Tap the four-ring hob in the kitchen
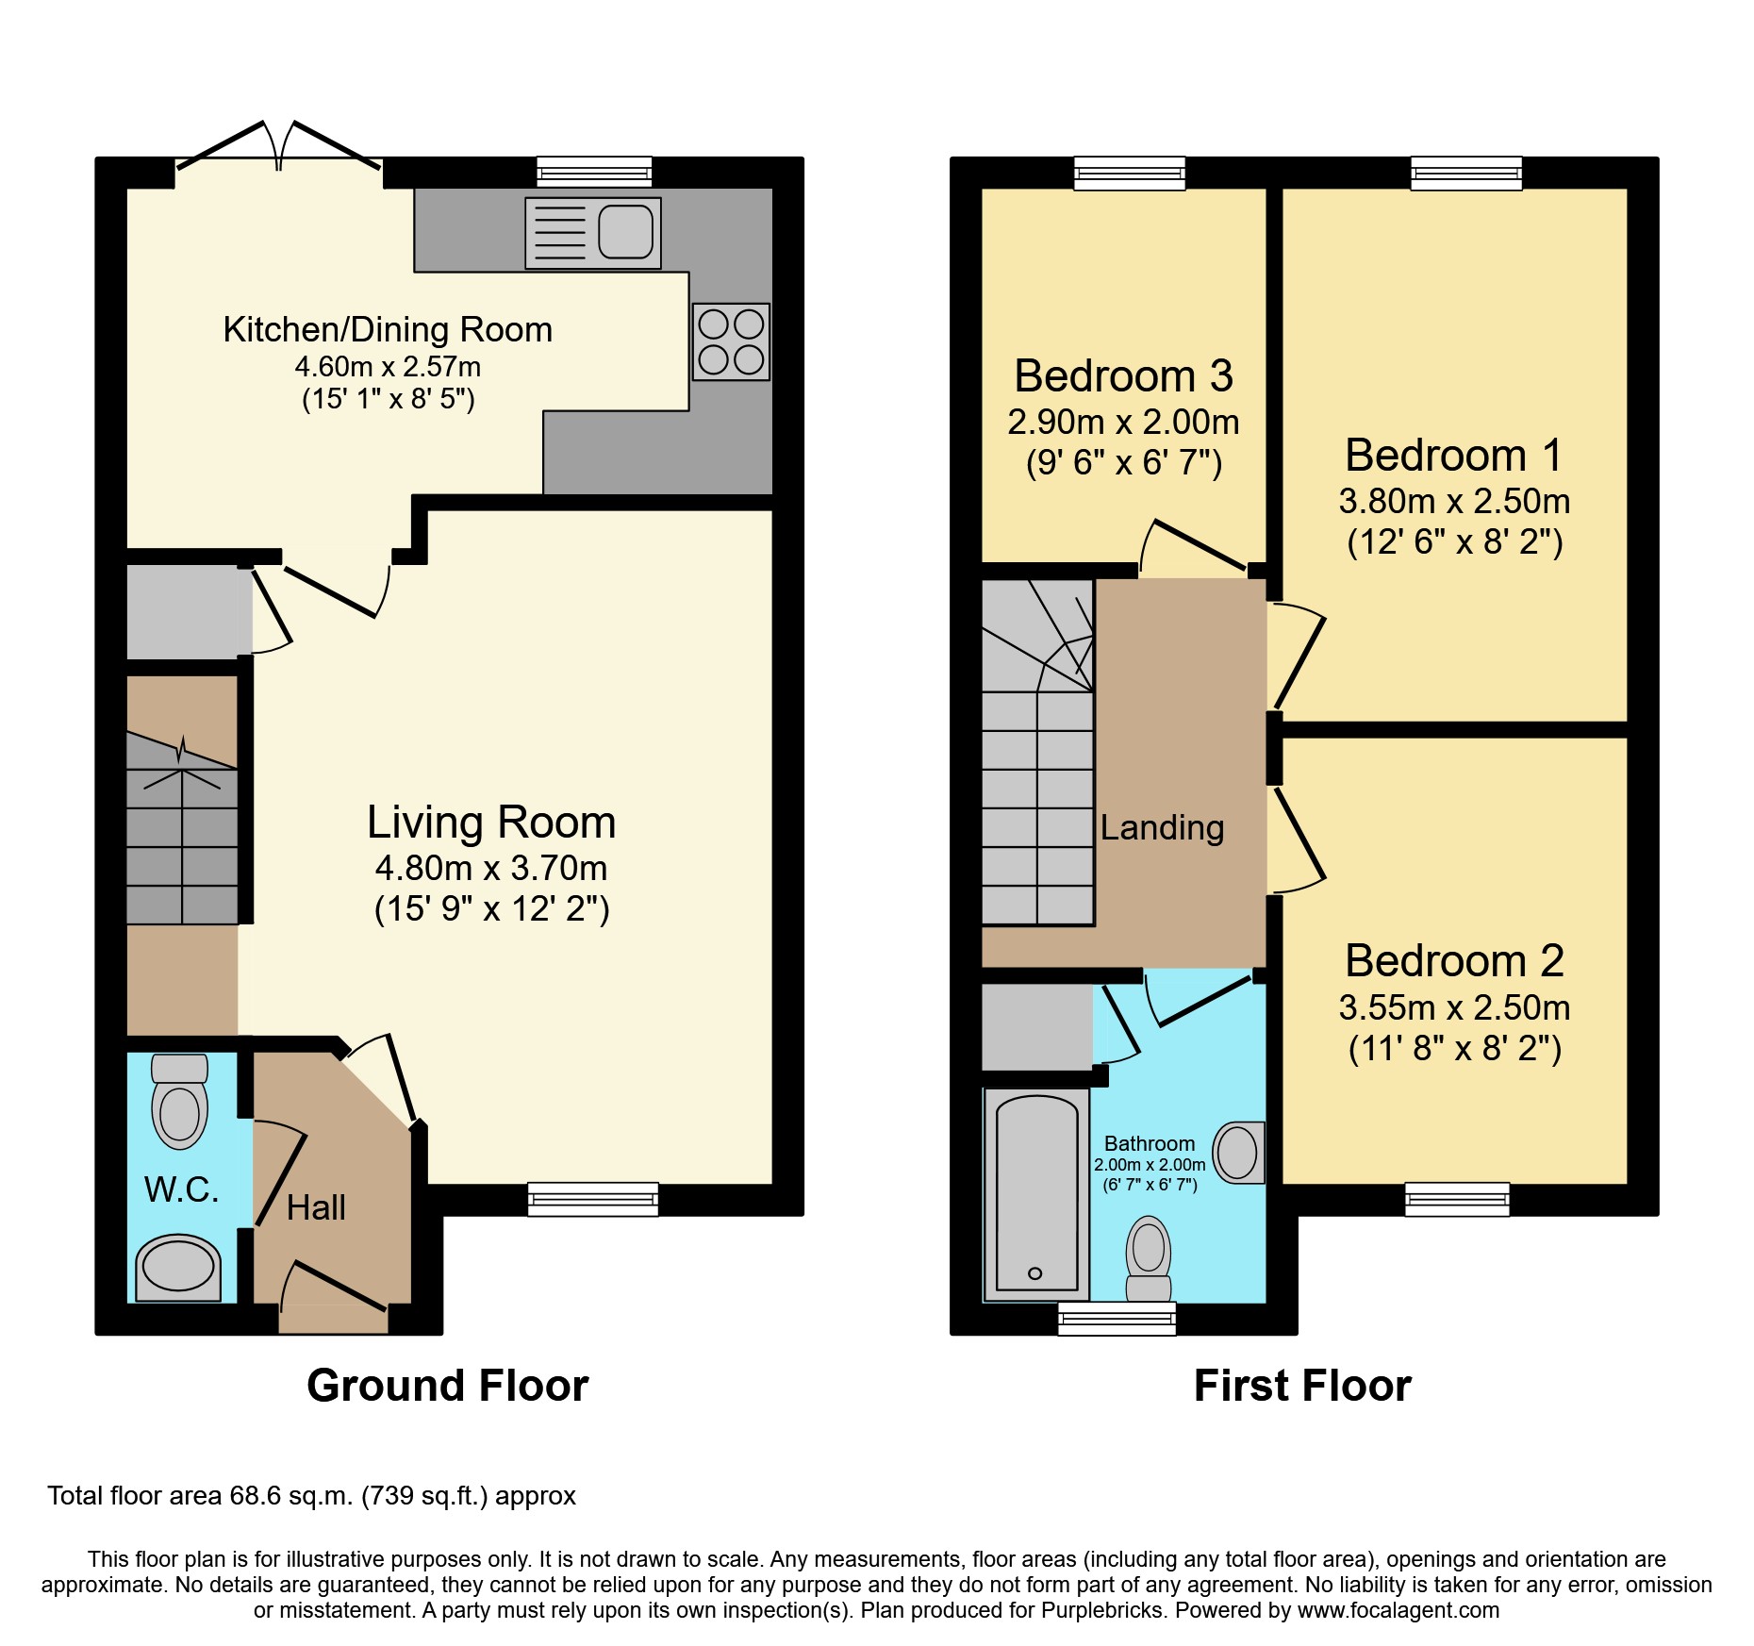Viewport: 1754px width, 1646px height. (x=731, y=341)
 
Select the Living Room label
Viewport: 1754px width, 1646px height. (x=491, y=822)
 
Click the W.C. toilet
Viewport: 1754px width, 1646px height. (x=180, y=1101)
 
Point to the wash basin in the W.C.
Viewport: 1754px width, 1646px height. (x=178, y=1268)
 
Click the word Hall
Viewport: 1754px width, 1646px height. (x=316, y=1207)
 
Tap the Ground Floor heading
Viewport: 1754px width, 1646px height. (x=448, y=1386)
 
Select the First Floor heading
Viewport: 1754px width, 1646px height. (x=1302, y=1386)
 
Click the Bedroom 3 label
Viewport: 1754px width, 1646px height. (x=1123, y=375)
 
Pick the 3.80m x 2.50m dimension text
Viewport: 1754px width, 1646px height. (x=1454, y=501)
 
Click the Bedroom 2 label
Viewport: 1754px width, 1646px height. (x=1454, y=960)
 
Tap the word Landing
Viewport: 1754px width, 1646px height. (x=1162, y=827)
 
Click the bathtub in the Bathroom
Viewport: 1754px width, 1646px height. (x=1036, y=1194)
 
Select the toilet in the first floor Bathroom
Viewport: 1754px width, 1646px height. (x=1149, y=1258)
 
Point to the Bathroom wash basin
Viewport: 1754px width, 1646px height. (x=1238, y=1152)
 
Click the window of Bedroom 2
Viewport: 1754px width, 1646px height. (x=1457, y=1199)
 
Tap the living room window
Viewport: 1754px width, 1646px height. (x=592, y=1199)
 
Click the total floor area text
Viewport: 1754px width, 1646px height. (x=311, y=1496)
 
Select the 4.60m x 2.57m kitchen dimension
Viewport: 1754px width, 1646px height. (x=388, y=366)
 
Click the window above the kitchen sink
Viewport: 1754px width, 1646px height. (x=594, y=173)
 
